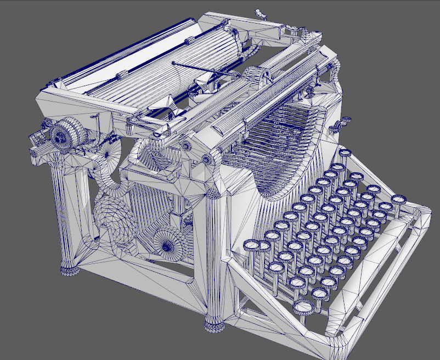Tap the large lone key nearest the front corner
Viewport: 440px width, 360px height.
pos(303,307)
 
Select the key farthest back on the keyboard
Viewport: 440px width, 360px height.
pos(345,153)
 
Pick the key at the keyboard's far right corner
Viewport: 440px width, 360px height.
pos(399,200)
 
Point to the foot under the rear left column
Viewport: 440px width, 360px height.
pos(69,270)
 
